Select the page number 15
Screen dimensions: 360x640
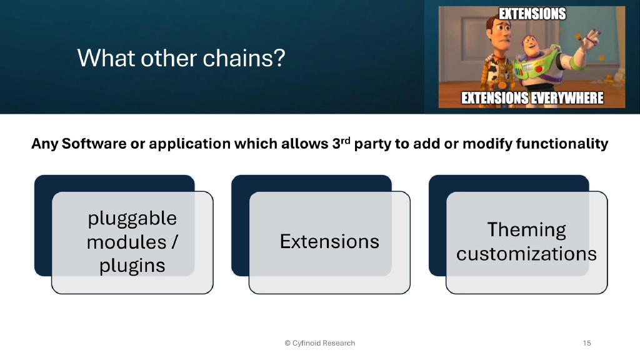[586, 343]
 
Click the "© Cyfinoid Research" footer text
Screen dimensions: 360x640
[319, 343]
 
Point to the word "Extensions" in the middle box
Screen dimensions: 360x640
[329, 241]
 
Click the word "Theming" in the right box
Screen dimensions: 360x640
[526, 230]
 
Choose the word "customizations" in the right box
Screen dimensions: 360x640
[526, 254]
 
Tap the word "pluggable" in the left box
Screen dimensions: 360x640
[132, 218]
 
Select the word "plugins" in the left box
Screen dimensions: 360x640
[132, 265]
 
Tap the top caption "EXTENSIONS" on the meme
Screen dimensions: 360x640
[531, 14]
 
